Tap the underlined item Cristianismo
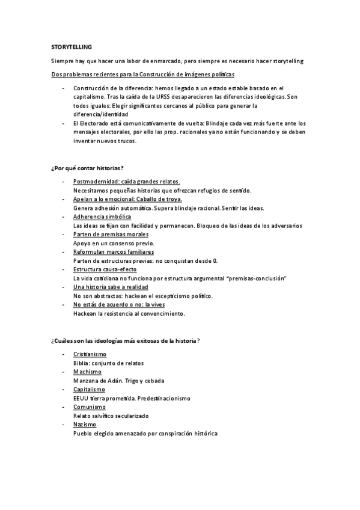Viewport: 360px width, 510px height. [89, 355]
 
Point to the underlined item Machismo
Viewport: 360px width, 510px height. [87, 372]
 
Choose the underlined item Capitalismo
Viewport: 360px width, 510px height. [88, 390]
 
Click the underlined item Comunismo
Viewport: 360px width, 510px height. [89, 407]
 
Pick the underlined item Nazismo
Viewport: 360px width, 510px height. [85, 425]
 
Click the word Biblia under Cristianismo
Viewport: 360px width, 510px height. [81, 363]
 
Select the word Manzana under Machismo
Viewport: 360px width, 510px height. [85, 381]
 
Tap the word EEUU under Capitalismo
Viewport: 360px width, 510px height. [81, 398]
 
